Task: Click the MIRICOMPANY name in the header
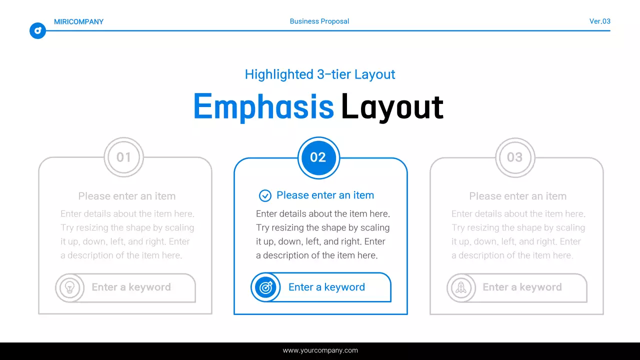[x=78, y=21]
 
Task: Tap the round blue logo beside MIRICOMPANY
[x=37, y=31]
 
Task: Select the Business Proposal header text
[x=319, y=21]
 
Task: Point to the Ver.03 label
[x=599, y=21]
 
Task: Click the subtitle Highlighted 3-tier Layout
[x=320, y=74]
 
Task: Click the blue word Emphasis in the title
[x=263, y=106]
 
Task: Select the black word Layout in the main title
[x=392, y=106]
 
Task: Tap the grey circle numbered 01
[x=123, y=157]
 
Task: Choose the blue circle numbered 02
[x=318, y=157]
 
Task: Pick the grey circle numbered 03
[x=514, y=157]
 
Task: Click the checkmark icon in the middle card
[x=265, y=195]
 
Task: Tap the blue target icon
[x=265, y=287]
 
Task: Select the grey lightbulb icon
[x=70, y=287]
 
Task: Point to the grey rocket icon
[x=461, y=287]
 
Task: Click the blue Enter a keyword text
[x=326, y=287]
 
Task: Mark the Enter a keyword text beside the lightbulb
[x=131, y=287]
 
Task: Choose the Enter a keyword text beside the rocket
[x=522, y=287]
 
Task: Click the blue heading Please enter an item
[x=325, y=195]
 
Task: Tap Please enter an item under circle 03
[x=517, y=196]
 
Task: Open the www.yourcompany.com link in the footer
[x=320, y=350]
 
